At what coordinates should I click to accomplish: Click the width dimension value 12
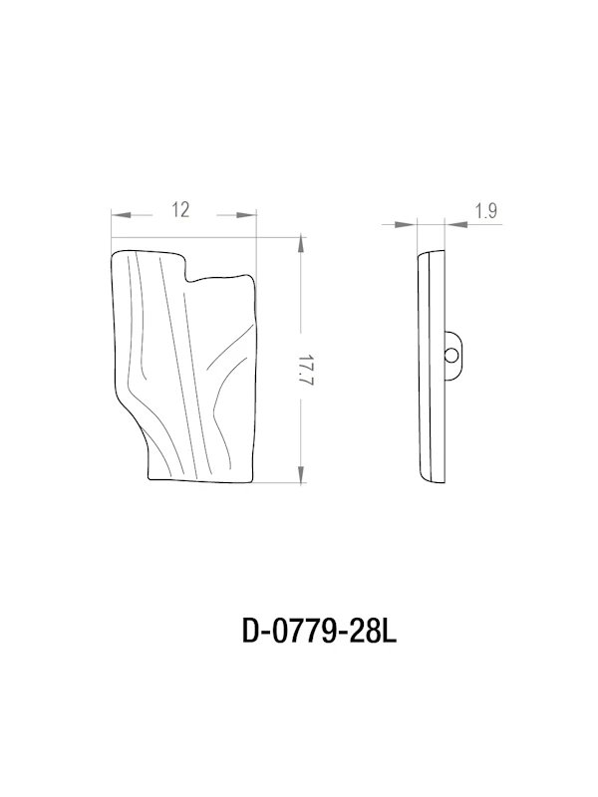click(x=180, y=209)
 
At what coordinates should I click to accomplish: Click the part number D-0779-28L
click(x=320, y=632)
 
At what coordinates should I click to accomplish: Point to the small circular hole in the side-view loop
click(x=451, y=354)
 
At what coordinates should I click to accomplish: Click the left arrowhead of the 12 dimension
click(x=120, y=214)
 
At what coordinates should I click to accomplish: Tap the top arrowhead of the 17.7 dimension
click(x=302, y=245)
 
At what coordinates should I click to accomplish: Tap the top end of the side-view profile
click(x=430, y=250)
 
